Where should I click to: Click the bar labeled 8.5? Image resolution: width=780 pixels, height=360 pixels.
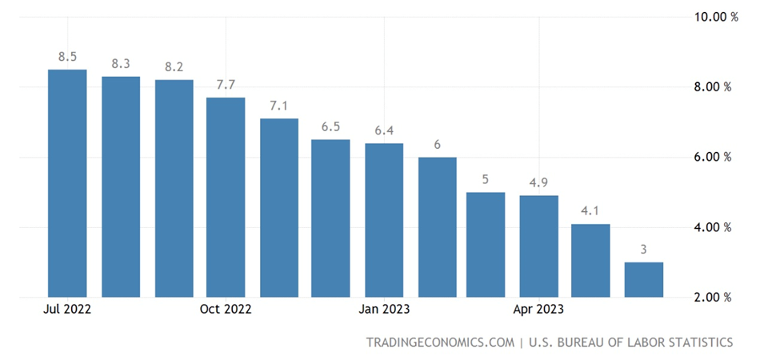coord(67,184)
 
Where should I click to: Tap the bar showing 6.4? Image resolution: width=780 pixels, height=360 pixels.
coord(383,220)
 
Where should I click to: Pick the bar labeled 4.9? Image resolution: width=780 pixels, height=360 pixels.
coord(538,246)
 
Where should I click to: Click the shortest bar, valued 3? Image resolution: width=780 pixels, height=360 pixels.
coord(643,280)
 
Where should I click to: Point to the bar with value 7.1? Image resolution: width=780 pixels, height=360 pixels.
coord(278,208)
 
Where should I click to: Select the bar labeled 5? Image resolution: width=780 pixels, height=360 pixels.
coord(486,245)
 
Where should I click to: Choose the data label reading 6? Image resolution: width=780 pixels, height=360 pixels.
coord(437,145)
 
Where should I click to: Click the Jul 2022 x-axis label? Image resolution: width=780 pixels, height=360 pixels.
coord(68,309)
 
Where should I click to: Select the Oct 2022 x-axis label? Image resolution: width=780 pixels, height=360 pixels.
coord(226,309)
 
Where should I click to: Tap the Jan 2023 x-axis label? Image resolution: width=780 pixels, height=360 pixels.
coord(384,309)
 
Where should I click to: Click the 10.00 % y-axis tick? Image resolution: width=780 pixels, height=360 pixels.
coord(712,16)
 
